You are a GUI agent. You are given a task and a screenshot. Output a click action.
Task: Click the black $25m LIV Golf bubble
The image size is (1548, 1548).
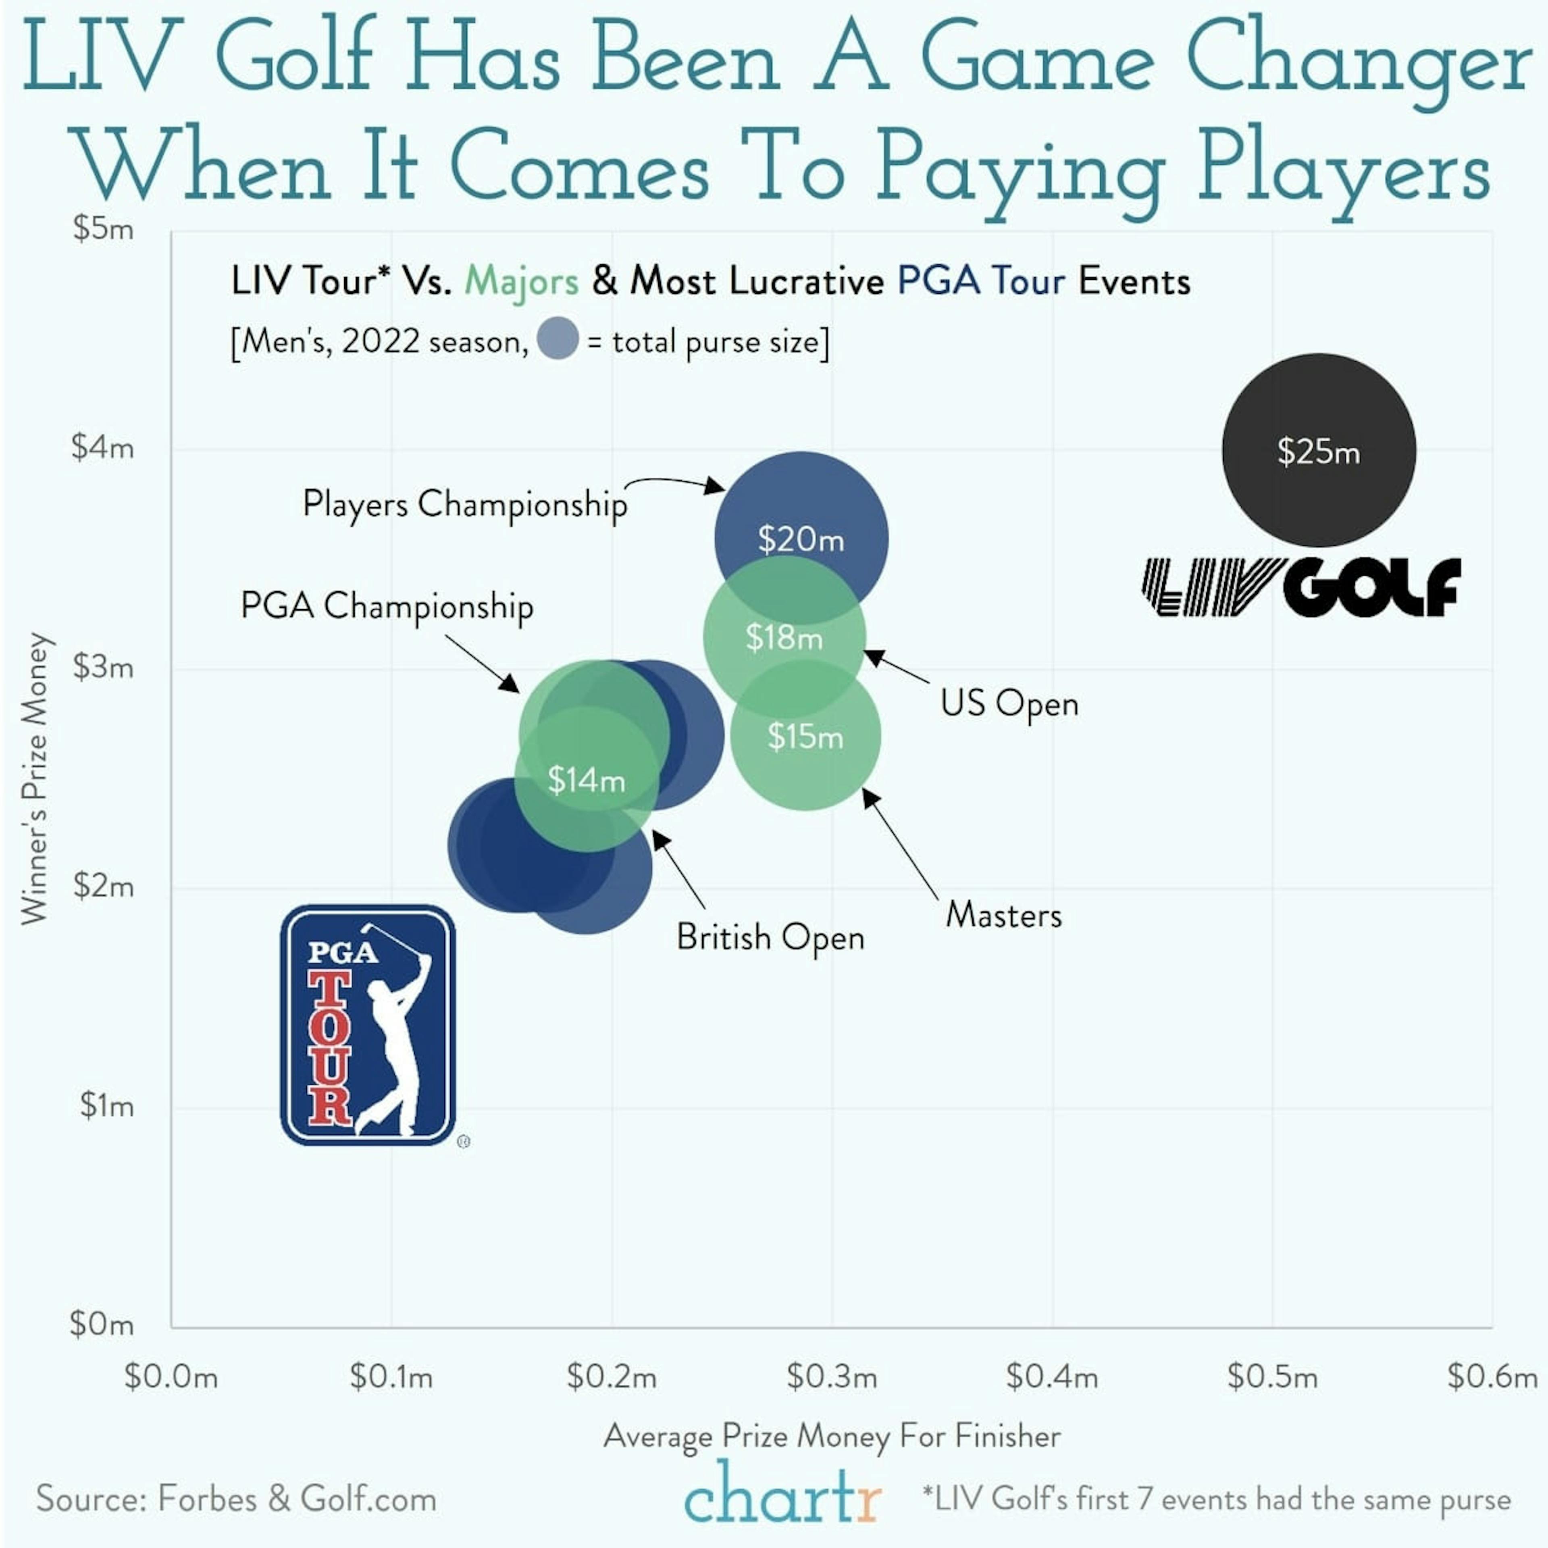(1318, 450)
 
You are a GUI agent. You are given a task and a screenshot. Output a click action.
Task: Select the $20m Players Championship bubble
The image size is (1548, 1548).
(801, 513)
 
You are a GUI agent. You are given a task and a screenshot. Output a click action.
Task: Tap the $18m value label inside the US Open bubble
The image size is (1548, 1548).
(784, 638)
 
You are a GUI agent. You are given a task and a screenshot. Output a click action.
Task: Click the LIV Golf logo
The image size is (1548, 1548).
(1300, 587)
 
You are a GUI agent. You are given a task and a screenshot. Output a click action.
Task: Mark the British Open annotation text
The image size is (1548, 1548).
(770, 937)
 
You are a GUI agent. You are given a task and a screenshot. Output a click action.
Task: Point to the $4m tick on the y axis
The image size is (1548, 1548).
(102, 447)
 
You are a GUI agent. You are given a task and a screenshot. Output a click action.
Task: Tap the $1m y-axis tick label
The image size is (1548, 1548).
(106, 1106)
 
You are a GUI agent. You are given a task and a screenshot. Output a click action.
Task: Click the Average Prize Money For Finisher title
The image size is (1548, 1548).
(832, 1436)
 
